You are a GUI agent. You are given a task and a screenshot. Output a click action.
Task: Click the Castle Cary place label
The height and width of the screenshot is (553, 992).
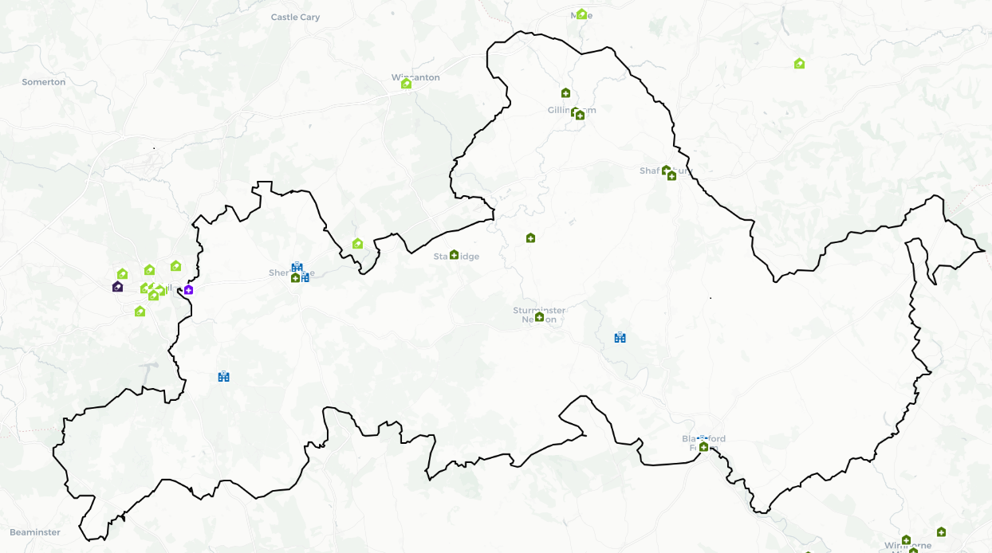pos(295,17)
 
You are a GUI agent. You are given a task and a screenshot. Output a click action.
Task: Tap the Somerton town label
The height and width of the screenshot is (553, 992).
pos(44,82)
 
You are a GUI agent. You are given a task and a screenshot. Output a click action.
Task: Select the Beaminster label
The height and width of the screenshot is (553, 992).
pos(35,531)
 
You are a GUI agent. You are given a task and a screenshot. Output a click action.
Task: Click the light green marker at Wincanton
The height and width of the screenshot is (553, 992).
pos(406,83)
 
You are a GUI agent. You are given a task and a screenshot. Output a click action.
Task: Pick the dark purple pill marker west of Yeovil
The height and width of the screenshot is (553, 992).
pos(118,286)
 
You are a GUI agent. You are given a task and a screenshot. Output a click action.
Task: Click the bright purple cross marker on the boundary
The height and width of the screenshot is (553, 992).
pos(189,289)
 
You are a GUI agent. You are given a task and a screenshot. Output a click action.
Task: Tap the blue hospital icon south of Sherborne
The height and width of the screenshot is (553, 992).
pos(224,376)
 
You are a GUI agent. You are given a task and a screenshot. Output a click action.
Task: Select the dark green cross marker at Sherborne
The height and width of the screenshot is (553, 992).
pos(295,278)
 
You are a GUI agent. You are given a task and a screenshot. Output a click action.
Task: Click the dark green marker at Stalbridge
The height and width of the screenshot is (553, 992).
pos(454,254)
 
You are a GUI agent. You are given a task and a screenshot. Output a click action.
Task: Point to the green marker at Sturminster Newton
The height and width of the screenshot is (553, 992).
pos(539,317)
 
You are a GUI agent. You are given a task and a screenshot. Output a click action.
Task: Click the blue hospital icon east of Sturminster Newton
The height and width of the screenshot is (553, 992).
pos(620,337)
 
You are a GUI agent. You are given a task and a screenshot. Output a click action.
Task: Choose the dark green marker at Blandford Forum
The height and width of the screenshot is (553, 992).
pos(703,447)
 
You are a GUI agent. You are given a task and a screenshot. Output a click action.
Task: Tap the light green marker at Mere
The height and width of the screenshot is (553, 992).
pos(581,14)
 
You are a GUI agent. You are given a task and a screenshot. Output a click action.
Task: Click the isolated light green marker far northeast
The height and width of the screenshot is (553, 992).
pos(799,63)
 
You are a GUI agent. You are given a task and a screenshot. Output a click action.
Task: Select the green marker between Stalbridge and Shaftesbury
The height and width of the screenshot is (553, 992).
pos(530,237)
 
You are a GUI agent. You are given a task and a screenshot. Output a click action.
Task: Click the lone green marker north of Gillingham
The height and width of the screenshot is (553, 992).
pos(565,92)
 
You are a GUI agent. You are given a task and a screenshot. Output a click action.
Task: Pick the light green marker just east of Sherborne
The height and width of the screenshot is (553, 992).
pos(357,243)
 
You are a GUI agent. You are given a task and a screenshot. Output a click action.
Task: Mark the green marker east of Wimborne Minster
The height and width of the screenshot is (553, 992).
pos(941,531)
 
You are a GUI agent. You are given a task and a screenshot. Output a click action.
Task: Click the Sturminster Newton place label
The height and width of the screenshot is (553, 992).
pos(539,310)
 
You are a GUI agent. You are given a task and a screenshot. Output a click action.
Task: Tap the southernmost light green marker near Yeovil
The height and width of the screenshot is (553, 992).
pos(140,311)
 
